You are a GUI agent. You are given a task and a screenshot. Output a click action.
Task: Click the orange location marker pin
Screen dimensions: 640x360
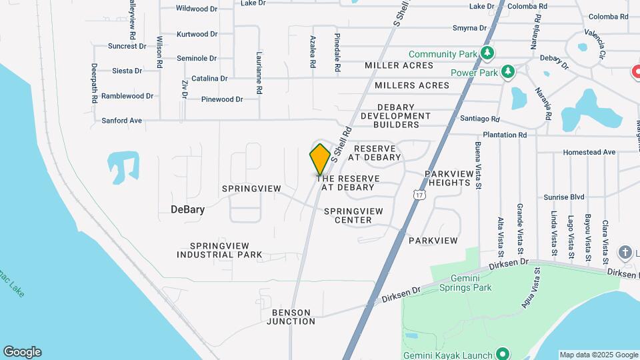tap(321, 159)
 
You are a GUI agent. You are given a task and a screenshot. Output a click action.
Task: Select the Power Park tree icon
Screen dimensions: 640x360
tap(508, 71)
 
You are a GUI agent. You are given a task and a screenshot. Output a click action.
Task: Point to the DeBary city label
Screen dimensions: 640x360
tap(187, 209)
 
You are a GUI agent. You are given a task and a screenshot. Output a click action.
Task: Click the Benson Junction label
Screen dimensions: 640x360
tap(291, 317)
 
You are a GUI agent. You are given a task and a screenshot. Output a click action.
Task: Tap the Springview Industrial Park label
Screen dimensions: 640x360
tap(219, 250)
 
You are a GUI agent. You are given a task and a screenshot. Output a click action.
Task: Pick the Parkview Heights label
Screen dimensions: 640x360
tap(449, 178)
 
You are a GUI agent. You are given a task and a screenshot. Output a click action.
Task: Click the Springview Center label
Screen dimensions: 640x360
tap(353, 215)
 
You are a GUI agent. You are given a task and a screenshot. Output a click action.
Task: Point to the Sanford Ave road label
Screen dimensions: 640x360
tap(122, 121)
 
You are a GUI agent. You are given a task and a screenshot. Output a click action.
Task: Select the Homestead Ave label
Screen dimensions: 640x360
tap(589, 152)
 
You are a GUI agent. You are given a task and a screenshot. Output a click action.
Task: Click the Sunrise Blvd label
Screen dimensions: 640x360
tap(563, 197)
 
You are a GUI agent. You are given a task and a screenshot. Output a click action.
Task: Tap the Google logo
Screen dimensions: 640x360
tap(22, 352)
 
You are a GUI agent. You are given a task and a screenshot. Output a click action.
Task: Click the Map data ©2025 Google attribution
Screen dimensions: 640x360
tap(598, 355)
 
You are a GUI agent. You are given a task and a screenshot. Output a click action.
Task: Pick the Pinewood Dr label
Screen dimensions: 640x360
tap(222, 99)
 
